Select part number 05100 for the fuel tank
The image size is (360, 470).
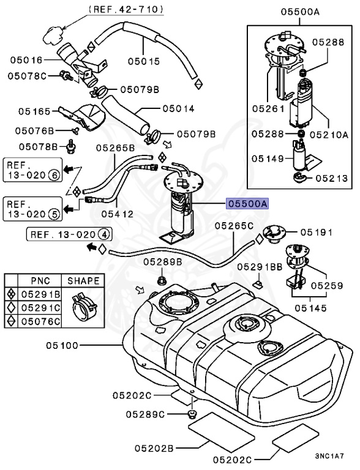pos(61,346)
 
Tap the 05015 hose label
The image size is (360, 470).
pos(143,61)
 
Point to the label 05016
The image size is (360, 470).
pos(26,60)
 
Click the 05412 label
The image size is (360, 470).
pos(118,214)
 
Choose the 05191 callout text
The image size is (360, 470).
pos(315,233)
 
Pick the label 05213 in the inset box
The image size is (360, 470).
pos(333,179)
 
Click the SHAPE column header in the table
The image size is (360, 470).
pos(83,281)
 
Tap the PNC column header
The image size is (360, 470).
pos(40,281)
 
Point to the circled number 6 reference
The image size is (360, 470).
pos(54,174)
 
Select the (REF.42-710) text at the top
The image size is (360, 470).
pos(126,9)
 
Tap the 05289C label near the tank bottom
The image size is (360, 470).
pos(146,414)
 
